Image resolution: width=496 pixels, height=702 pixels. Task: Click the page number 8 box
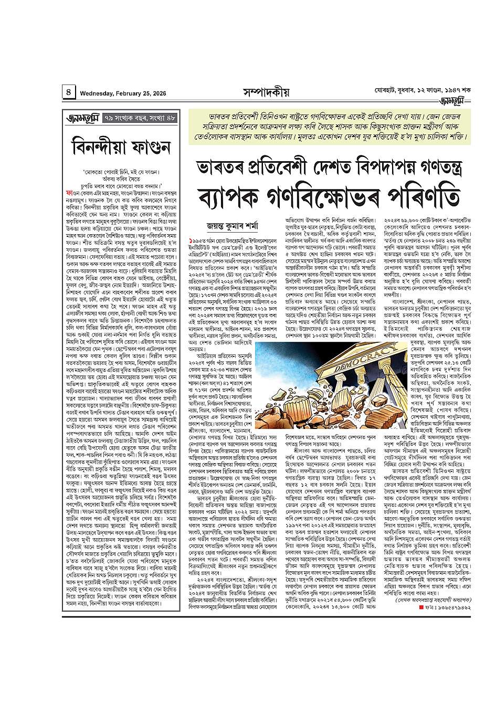(69, 92)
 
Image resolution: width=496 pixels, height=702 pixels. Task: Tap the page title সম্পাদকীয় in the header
(266, 92)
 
